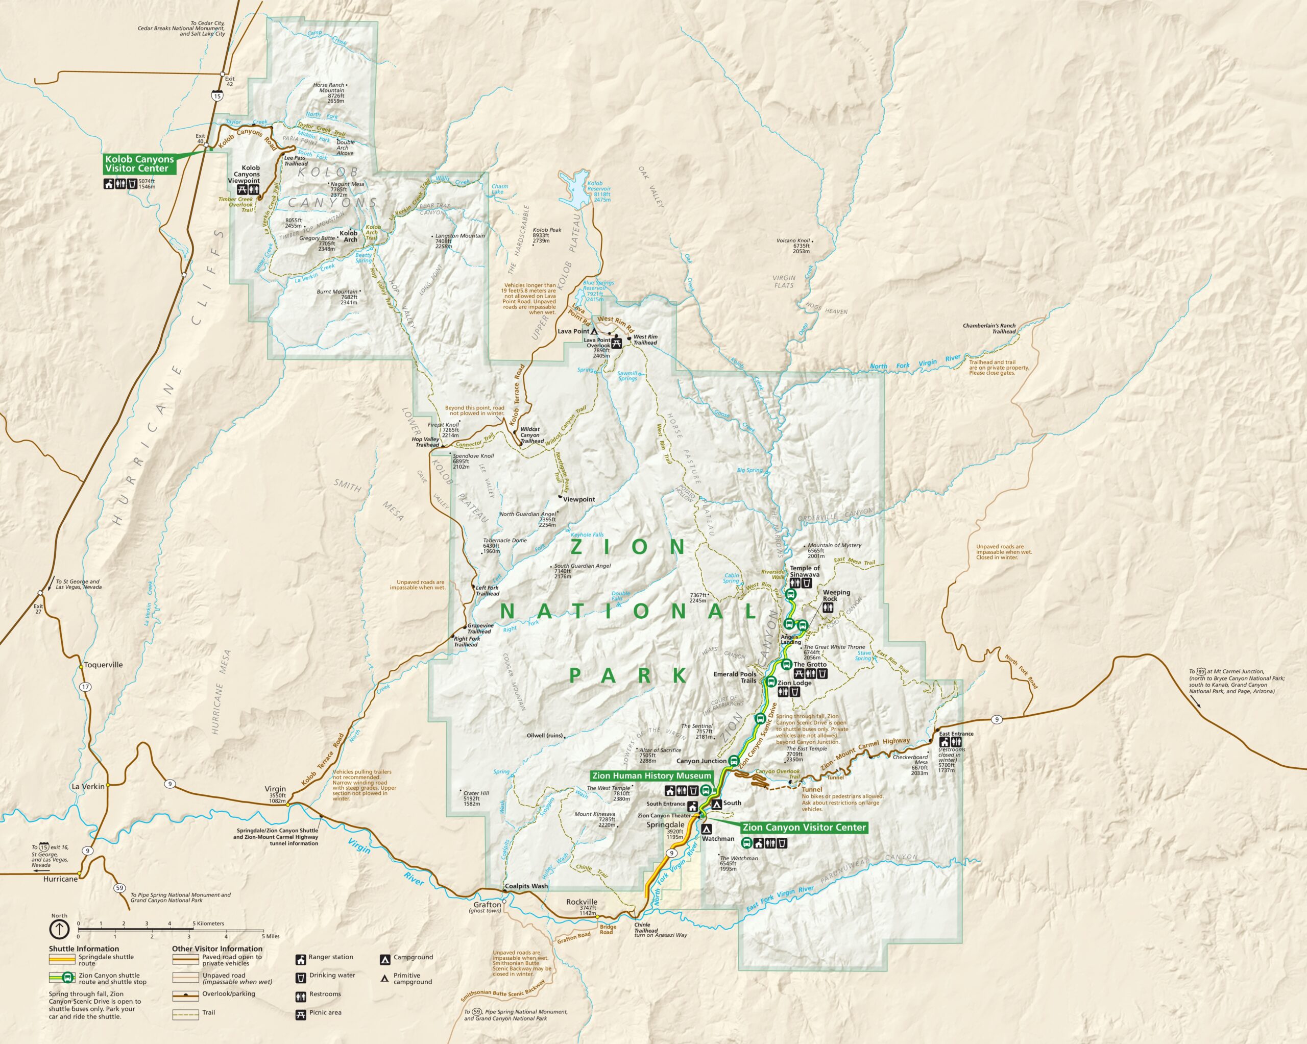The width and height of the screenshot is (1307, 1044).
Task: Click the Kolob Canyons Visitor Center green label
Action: click(x=139, y=164)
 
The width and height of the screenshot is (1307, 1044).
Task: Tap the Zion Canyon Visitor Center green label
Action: click(x=804, y=827)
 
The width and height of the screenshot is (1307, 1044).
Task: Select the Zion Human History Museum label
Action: click(x=651, y=775)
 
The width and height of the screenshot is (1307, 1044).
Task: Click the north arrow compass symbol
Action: click(x=59, y=928)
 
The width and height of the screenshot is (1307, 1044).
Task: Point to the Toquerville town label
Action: click(x=103, y=665)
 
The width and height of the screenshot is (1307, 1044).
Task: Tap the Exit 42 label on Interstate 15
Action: click(x=229, y=81)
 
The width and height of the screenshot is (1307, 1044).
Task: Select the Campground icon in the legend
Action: click(x=384, y=960)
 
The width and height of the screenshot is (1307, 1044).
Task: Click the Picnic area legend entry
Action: click(x=325, y=1012)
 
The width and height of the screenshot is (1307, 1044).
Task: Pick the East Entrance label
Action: click(x=956, y=734)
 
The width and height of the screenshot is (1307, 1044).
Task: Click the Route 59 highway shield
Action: click(x=119, y=888)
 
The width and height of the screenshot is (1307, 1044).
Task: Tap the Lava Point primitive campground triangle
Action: click(x=595, y=332)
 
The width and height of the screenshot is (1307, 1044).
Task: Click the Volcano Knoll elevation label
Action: click(x=793, y=246)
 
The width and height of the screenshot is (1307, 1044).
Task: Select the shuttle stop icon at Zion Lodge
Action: click(x=770, y=682)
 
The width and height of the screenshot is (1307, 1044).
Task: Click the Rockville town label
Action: click(x=582, y=902)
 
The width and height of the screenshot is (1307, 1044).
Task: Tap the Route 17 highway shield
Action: click(x=85, y=687)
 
